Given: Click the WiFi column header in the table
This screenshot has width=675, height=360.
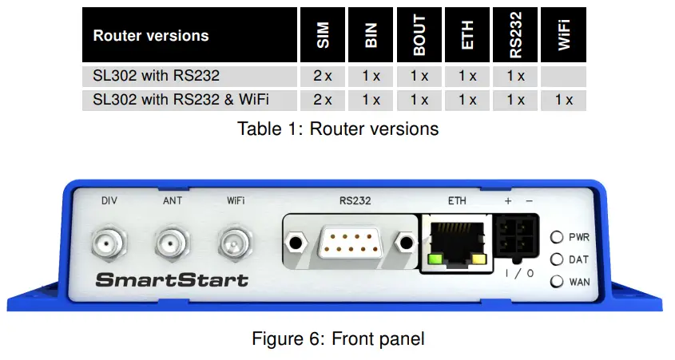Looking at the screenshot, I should pos(564,36).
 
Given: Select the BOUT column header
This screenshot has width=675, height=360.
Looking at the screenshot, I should pos(419,36).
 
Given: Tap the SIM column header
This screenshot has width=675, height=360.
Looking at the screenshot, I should pos(323,36).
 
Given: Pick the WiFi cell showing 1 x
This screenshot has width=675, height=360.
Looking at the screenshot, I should pos(564,101).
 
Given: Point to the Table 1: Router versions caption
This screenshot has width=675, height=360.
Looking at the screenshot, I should pos(338,129).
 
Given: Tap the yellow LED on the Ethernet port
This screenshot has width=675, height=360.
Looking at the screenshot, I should pos(479,259).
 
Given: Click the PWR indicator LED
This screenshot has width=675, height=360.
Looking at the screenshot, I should pos(557,237).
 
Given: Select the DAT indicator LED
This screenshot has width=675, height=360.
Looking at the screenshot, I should pos(557,259).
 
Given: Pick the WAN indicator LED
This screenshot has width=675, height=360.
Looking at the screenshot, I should pos(557,281).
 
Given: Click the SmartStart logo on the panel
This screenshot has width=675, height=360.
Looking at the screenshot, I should pos(172,280).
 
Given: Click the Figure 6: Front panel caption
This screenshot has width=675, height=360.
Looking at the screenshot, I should pos(338,338).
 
